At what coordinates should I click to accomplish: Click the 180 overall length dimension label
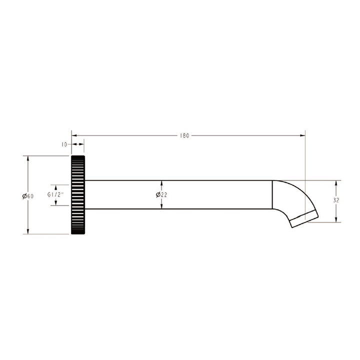pyautogui.click(x=184, y=135)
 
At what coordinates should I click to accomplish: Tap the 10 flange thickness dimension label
pyautogui.click(x=64, y=144)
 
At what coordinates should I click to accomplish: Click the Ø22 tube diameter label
pyautogui.click(x=161, y=194)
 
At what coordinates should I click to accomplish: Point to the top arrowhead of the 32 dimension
pyautogui.click(x=336, y=183)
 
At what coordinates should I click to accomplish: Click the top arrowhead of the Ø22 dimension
pyautogui.click(x=161, y=183)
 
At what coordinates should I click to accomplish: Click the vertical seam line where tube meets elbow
pyautogui.click(x=272, y=194)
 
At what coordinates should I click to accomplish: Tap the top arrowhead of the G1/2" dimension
pyautogui.click(x=56, y=186)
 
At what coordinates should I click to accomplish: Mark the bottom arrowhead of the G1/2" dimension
pyautogui.click(x=56, y=203)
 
